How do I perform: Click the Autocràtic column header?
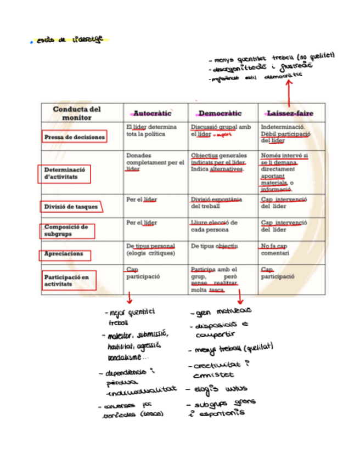pyautogui.click(x=152, y=113)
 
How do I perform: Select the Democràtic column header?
pyautogui.click(x=220, y=113)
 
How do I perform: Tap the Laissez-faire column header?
pyautogui.click(x=290, y=113)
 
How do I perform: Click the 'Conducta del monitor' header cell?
pyautogui.click(x=77, y=113)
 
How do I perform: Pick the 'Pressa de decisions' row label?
pyautogui.click(x=75, y=137)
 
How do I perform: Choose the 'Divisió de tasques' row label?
pyautogui.click(x=71, y=207)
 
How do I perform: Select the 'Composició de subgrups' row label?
pyautogui.click(x=66, y=231)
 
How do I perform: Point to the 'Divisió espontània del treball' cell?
pyautogui.click(x=216, y=202)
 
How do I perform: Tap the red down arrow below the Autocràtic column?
pyautogui.click(x=129, y=298)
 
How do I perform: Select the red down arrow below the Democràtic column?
pyautogui.click(x=240, y=298)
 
